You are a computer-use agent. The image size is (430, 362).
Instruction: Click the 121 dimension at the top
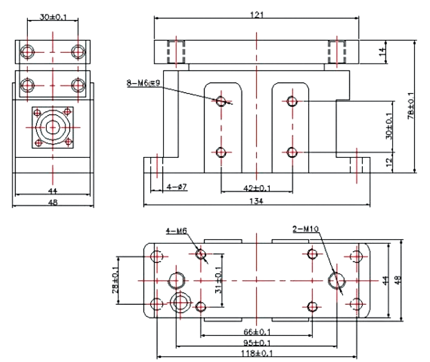[x=256, y=15]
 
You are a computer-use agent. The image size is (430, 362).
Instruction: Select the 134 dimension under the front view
[x=256, y=201]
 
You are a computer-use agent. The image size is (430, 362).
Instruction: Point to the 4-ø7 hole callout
[x=177, y=187]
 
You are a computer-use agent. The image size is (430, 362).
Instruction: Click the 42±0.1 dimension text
[x=257, y=188]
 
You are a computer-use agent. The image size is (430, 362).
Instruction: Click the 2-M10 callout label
[x=306, y=229]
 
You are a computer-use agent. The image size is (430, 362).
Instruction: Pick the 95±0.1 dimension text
[x=257, y=342]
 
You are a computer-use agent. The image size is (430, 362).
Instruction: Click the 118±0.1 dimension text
[x=257, y=353]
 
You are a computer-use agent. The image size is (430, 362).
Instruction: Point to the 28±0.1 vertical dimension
[x=115, y=281]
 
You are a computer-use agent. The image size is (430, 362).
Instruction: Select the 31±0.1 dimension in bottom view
[x=218, y=281]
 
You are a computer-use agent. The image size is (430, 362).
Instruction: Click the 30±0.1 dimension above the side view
[x=53, y=17]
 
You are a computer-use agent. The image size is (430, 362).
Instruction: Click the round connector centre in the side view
[x=52, y=127]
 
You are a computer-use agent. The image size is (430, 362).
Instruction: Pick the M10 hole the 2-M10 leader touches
[x=337, y=280]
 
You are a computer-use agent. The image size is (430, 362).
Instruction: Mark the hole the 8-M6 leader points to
[x=221, y=101]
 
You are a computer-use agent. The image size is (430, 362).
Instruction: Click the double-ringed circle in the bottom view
[x=181, y=301]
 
